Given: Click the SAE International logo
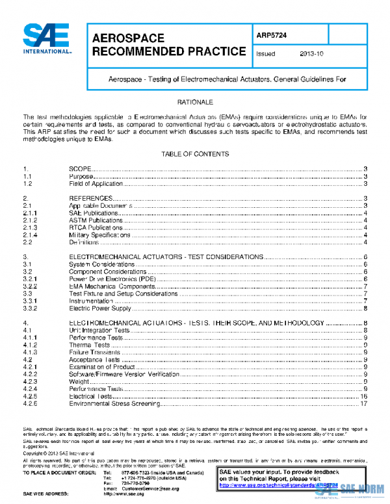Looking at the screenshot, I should pyautogui.click(x=47, y=40).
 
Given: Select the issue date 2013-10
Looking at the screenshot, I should pyautogui.click(x=312, y=54).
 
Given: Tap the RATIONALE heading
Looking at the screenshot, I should pyautogui.click(x=195, y=103).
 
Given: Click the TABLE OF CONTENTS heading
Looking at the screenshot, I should pyautogui.click(x=195, y=154).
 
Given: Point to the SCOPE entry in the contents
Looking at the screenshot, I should pyautogui.click(x=82, y=168).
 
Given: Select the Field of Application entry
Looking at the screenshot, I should pyautogui.click(x=96, y=184).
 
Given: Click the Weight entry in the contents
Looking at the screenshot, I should pyautogui.click(x=79, y=382).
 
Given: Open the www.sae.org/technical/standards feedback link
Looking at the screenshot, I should pyautogui.click(x=280, y=485).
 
